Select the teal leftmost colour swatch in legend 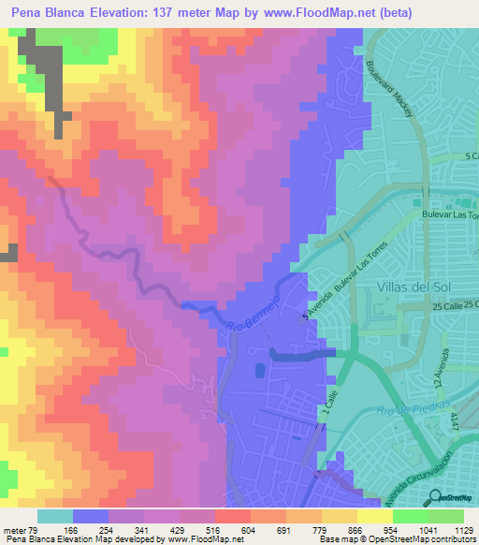(55, 516)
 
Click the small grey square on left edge (12, 252)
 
